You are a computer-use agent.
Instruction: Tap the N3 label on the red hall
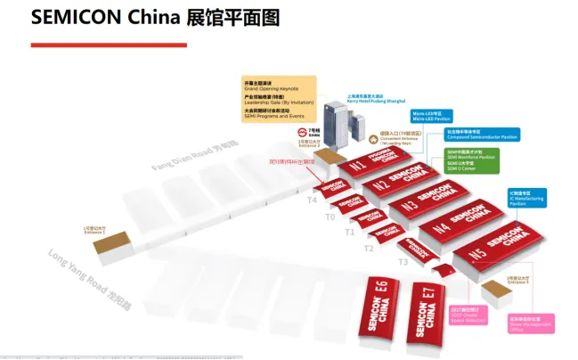point(410,205)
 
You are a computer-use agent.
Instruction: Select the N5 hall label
point(477,253)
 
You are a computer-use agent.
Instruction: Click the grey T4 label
point(312,200)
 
